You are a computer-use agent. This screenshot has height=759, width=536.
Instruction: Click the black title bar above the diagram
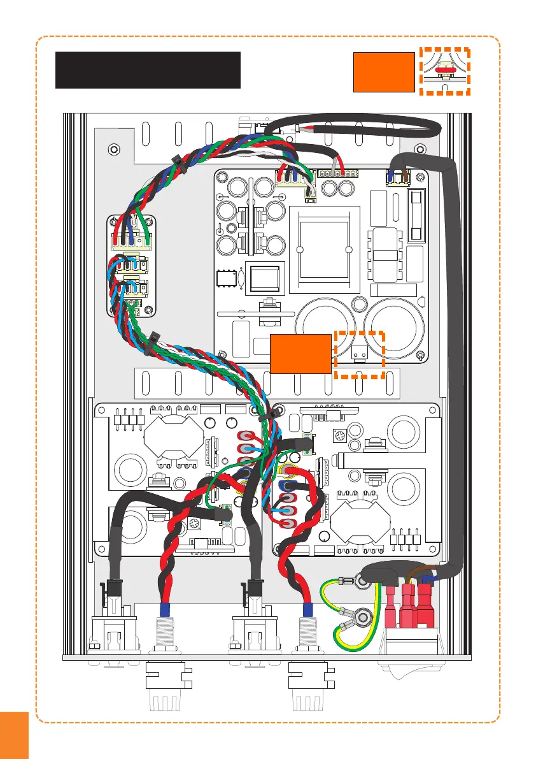pos(148,69)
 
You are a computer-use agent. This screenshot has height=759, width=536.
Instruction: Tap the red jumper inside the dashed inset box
pos(444,71)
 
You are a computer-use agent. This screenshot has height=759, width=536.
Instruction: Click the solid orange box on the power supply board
pos(300,352)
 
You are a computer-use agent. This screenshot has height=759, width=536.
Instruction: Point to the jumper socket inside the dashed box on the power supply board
pos(358,350)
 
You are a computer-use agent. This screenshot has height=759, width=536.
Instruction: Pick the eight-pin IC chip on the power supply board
pos(225,278)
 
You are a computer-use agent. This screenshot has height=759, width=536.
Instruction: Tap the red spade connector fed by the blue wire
pos(425,605)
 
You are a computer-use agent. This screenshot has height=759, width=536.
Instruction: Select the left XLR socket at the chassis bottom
pos(116,628)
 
